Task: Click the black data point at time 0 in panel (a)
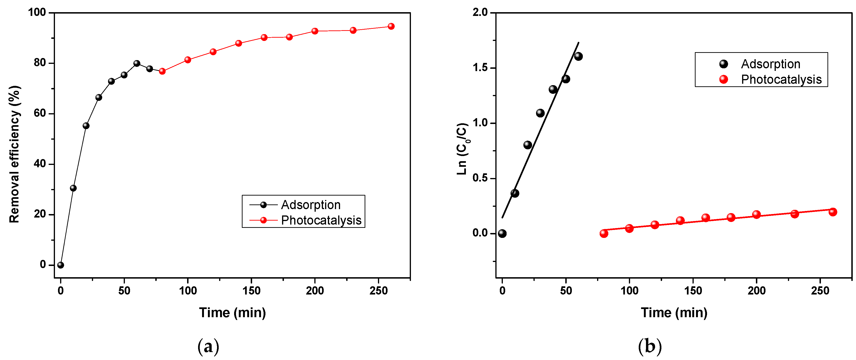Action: tap(61, 265)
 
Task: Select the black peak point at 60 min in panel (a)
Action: tap(137, 63)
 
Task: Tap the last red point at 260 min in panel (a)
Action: tap(391, 26)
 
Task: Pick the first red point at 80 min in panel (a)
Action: tap(162, 71)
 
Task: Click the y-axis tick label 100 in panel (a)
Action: tap(37, 13)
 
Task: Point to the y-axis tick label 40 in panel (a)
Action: tap(40, 164)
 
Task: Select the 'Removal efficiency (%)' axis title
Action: tap(15, 154)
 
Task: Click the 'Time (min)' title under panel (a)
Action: tap(232, 313)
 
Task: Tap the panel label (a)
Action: tap(208, 347)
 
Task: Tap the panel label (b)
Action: tap(650, 347)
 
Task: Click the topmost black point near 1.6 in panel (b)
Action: tap(578, 56)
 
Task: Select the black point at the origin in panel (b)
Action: tap(502, 233)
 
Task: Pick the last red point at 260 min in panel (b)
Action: tap(832, 212)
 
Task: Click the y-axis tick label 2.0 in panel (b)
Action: tap(480, 13)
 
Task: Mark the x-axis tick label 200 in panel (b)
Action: tap(756, 291)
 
